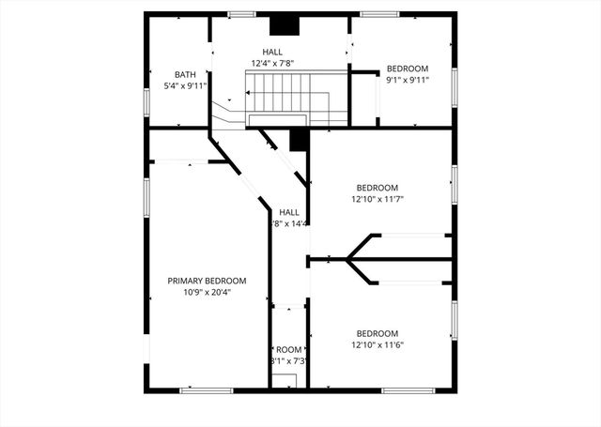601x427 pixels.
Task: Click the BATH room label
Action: pyautogui.click(x=184, y=75)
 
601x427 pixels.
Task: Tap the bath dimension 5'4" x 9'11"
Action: pyautogui.click(x=184, y=86)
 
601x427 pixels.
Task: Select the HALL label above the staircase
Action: pyautogui.click(x=272, y=53)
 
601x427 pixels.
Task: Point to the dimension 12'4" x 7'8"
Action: pyautogui.click(x=272, y=64)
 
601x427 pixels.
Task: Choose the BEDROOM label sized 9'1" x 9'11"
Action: pyautogui.click(x=408, y=69)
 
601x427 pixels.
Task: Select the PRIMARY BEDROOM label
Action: pyautogui.click(x=207, y=281)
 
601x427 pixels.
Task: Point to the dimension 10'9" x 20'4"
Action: pyautogui.click(x=207, y=292)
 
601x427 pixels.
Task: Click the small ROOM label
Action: pyautogui.click(x=289, y=350)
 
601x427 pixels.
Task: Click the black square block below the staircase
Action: pyautogui.click(x=299, y=140)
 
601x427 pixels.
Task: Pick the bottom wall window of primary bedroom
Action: pyautogui.click(x=206, y=390)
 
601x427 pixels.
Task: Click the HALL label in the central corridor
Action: pyautogui.click(x=289, y=212)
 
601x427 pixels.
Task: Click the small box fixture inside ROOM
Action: pyautogui.click(x=285, y=380)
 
